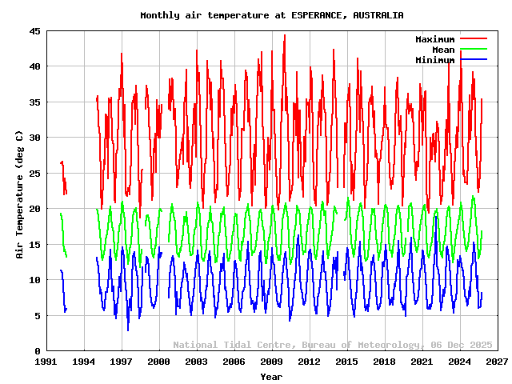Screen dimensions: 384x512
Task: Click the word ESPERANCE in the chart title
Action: [x=318, y=15]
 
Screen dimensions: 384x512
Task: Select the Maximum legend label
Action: [x=434, y=39]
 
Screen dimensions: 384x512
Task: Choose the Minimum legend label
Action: [x=434, y=60]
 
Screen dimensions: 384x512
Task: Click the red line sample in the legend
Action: [x=473, y=39]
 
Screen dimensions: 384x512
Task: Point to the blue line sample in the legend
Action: [x=473, y=60]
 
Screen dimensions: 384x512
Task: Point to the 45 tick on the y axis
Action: [x=36, y=31]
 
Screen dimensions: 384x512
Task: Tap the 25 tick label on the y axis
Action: [x=36, y=174]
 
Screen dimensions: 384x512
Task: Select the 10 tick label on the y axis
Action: [x=36, y=280]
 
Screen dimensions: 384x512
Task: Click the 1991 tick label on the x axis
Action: [x=46, y=362]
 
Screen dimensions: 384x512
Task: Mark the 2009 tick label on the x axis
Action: [x=272, y=362]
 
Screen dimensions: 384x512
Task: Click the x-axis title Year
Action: [x=271, y=377]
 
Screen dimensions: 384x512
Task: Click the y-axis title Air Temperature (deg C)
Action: [x=19, y=195]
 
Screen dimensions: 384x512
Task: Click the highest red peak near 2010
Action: [x=284, y=36]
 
